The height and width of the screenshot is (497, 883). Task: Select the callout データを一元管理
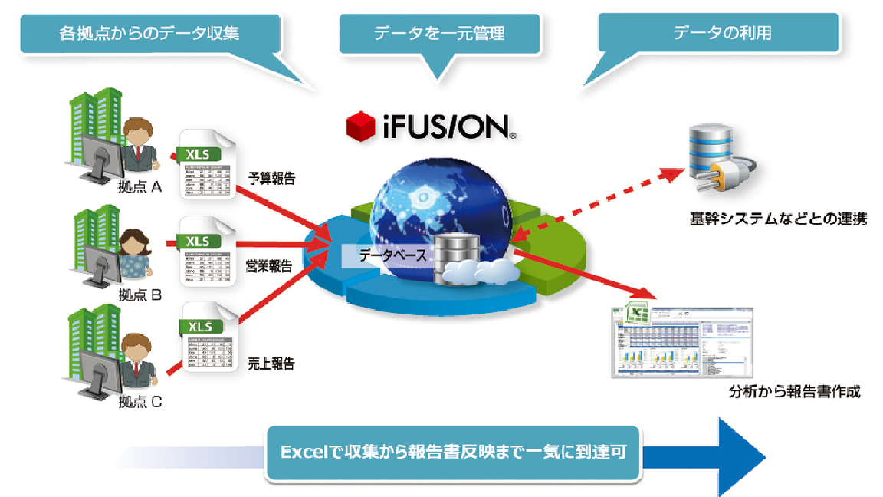pos(439,33)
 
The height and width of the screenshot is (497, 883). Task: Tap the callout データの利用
pos(721,33)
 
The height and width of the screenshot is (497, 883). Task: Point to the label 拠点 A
pos(140,186)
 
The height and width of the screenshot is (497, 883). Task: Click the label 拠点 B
pos(140,295)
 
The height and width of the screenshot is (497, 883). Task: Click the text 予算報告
pos(271,179)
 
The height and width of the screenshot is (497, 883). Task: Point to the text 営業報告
pos(268,267)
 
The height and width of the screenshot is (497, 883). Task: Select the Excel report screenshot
pos(681,340)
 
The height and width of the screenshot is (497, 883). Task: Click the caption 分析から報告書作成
pos(794,392)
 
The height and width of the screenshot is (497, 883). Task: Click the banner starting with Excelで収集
pos(453,453)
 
